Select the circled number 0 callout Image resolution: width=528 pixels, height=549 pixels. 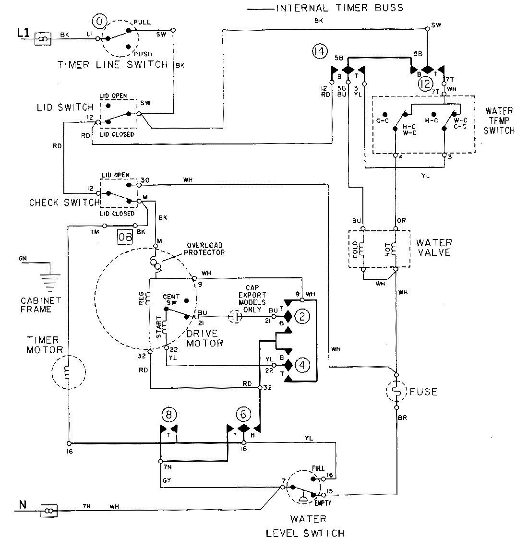pyautogui.click(x=99, y=22)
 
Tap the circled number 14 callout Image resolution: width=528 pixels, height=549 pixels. pyautogui.click(x=319, y=50)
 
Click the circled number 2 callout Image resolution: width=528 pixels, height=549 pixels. pyautogui.click(x=301, y=316)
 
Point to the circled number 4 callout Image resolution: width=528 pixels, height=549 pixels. pyautogui.click(x=301, y=365)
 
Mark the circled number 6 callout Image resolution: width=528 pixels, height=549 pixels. pyautogui.click(x=243, y=414)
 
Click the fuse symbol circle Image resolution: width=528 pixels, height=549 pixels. pyautogui.click(x=397, y=392)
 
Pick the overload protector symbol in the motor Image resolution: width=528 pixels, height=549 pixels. pyautogui.click(x=156, y=262)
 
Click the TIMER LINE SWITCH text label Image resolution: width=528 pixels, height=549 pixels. pyautogui.click(x=113, y=64)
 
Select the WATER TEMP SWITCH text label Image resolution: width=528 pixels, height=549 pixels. pyautogui.click(x=499, y=120)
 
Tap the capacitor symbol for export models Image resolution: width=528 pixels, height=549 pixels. pyautogui.click(x=236, y=317)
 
